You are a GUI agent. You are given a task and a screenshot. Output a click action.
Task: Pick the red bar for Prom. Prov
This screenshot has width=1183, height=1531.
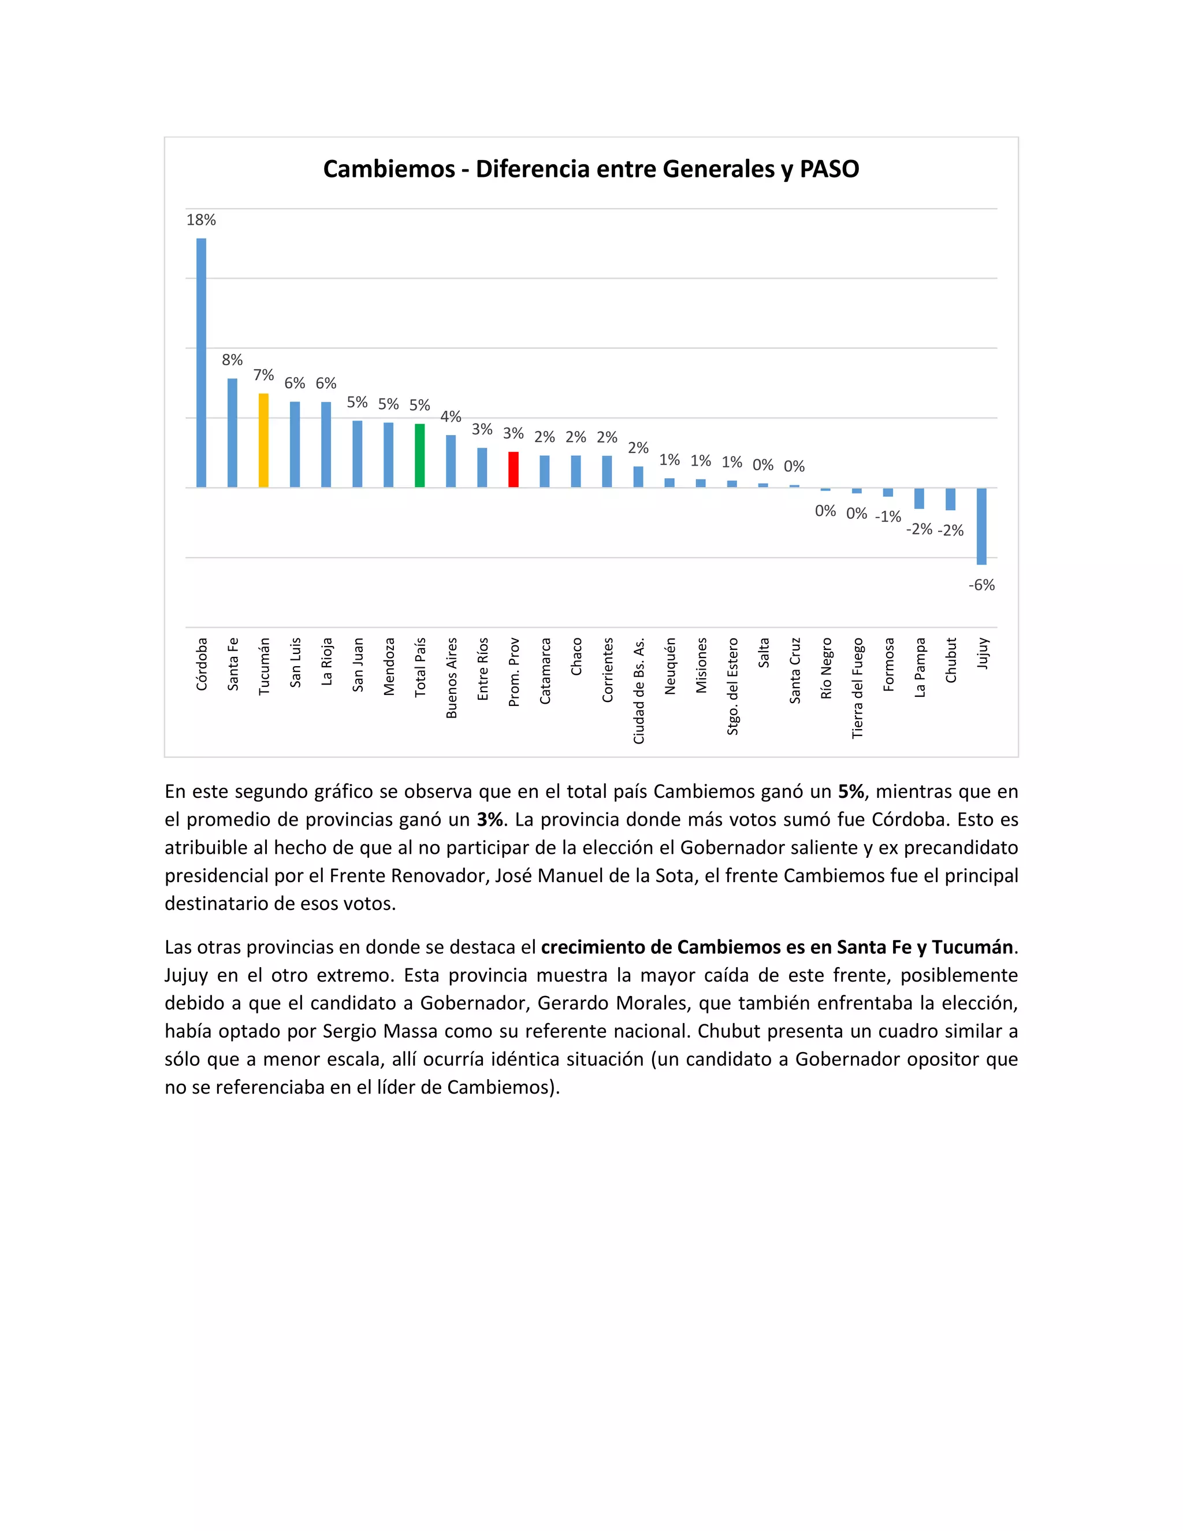(513, 469)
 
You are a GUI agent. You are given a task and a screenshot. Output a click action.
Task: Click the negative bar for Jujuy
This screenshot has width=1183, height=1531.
(982, 526)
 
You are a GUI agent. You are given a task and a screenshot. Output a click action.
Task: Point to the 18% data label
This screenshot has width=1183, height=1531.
(201, 220)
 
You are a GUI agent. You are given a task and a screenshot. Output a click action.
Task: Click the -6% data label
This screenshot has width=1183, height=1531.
(981, 585)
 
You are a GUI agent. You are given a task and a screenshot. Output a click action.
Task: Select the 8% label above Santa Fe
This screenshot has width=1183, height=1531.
(232, 359)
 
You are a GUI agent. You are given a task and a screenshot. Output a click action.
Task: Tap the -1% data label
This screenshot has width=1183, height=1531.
(888, 516)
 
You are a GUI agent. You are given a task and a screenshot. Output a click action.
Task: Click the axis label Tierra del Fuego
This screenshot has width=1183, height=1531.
(857, 688)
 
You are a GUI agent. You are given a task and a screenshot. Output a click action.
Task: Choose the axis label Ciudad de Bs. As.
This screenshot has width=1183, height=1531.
(638, 690)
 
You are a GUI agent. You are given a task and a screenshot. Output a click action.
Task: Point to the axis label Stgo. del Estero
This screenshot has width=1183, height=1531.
(732, 686)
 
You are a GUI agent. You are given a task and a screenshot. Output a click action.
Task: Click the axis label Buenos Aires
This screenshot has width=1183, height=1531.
(451, 678)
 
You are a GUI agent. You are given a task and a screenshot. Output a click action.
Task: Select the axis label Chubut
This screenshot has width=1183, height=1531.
(951, 660)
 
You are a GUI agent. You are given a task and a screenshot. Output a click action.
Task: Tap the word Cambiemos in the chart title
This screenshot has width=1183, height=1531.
(389, 169)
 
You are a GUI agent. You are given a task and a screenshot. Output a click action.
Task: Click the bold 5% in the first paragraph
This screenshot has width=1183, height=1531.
(851, 791)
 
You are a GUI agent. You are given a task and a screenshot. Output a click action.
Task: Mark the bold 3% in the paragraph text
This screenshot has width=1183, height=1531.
(490, 819)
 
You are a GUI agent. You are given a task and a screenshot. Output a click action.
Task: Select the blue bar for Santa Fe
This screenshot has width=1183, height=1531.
(232, 433)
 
